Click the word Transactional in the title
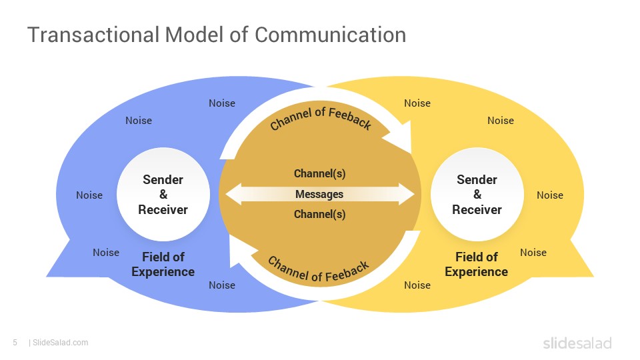click(x=93, y=34)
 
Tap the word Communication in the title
click(x=331, y=34)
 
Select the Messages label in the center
click(x=319, y=194)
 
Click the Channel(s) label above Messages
click(x=319, y=173)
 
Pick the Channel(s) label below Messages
click(x=319, y=214)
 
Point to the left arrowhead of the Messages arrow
click(x=233, y=194)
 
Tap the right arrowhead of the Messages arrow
click(x=407, y=194)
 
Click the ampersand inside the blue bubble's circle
click(x=163, y=194)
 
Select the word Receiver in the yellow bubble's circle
click(x=477, y=210)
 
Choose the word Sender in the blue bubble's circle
click(x=163, y=179)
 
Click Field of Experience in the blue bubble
click(x=163, y=264)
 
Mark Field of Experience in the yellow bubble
click(x=476, y=264)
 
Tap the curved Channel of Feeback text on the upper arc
click(x=321, y=118)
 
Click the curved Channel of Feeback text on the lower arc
click(x=319, y=269)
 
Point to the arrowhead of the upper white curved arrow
click(x=399, y=137)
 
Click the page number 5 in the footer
click(x=15, y=343)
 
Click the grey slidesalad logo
click(x=577, y=343)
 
